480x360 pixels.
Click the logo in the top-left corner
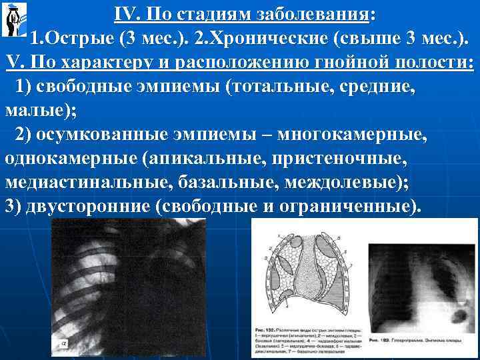[15, 19]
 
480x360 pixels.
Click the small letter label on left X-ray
[64, 344]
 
